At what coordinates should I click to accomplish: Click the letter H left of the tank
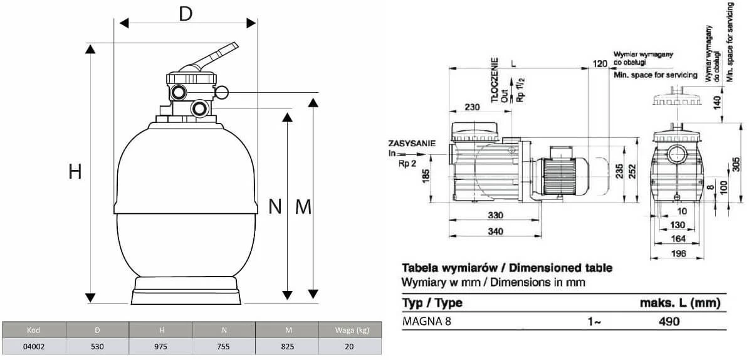(76, 171)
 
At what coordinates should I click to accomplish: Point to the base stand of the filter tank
(186, 292)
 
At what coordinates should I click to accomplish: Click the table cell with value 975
(161, 346)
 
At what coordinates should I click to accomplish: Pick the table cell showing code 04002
(34, 346)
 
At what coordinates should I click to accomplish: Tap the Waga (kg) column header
(350, 330)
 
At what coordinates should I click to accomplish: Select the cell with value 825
(286, 346)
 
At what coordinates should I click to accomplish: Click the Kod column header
(34, 330)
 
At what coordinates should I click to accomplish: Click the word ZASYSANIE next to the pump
(412, 144)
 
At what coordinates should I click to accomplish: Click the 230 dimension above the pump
(473, 107)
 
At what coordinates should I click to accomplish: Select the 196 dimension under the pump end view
(679, 253)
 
